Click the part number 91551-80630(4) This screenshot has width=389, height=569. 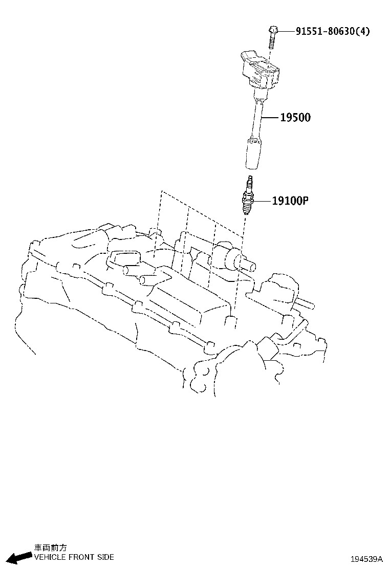(x=332, y=31)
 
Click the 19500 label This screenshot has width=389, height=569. (x=295, y=118)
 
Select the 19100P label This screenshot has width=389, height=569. (x=290, y=201)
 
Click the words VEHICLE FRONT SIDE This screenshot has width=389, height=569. (x=74, y=557)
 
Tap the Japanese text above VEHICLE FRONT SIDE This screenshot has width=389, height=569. (x=50, y=548)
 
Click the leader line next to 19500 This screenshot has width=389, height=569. (x=270, y=118)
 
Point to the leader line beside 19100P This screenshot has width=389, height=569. (x=262, y=201)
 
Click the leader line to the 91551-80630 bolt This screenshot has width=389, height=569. (x=287, y=31)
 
